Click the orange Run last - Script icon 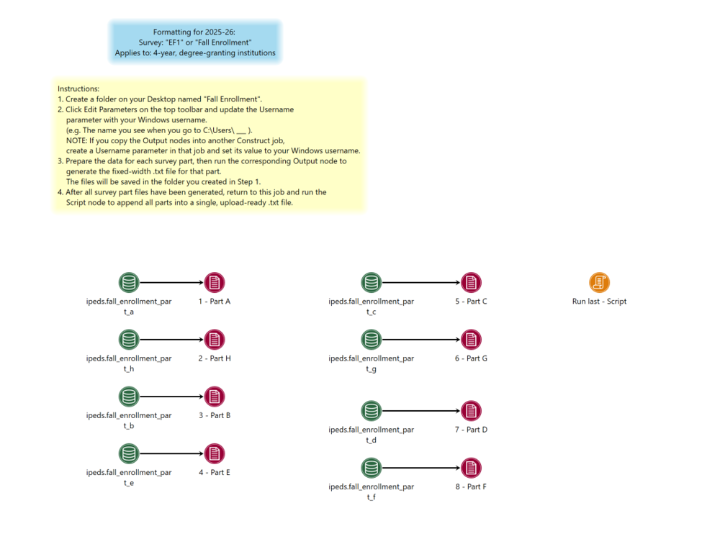(x=599, y=282)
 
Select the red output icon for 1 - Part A (x=215, y=282)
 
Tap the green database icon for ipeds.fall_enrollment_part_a (x=129, y=282)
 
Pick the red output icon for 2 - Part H (x=215, y=339)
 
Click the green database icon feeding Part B (x=129, y=397)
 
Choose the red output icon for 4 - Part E (x=215, y=453)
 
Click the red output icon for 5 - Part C (x=471, y=282)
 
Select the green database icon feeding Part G (x=371, y=339)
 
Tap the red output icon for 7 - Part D (x=471, y=411)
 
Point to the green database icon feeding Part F (x=371, y=468)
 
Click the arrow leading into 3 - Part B (x=172, y=397)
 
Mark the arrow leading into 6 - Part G (x=421, y=339)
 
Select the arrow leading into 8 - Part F (x=421, y=468)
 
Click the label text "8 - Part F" (x=471, y=487)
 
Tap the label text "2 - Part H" (x=215, y=358)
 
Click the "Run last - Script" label (x=599, y=302)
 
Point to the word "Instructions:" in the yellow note (x=78, y=89)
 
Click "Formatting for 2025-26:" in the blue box (x=194, y=32)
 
